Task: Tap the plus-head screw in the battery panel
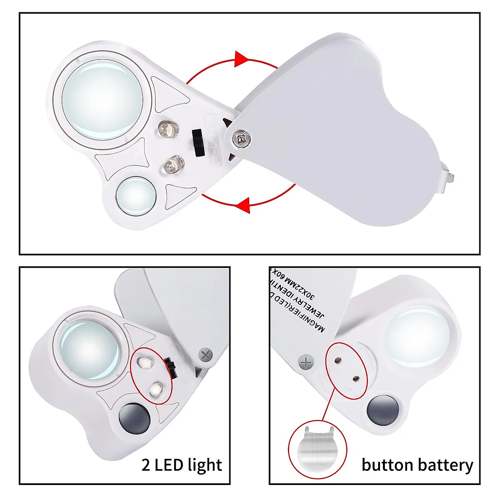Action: (306, 362)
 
